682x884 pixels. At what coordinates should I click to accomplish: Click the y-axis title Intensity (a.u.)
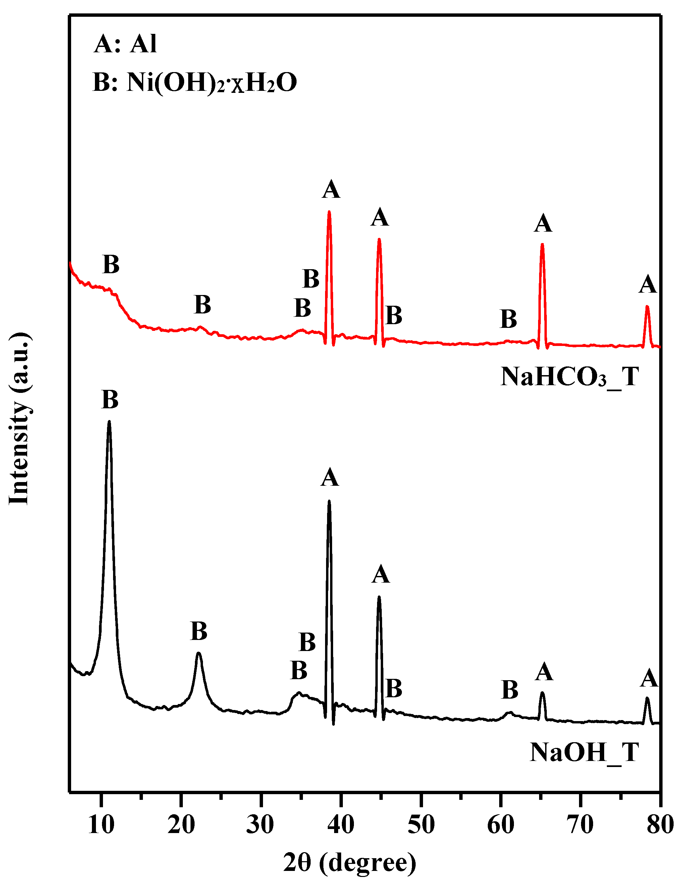coord(19,419)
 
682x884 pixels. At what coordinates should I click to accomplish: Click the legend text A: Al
coord(125,44)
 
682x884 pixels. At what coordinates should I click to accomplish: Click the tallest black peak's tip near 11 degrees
coord(109,422)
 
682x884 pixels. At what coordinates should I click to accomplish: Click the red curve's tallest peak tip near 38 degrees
coord(329,212)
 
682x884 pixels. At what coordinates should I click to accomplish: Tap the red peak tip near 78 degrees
coord(647,307)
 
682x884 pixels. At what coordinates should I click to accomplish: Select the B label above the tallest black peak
coord(110,400)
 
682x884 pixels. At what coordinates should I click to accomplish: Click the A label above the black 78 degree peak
coord(648,678)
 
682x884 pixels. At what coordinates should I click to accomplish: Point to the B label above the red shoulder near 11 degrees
coord(111,265)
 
